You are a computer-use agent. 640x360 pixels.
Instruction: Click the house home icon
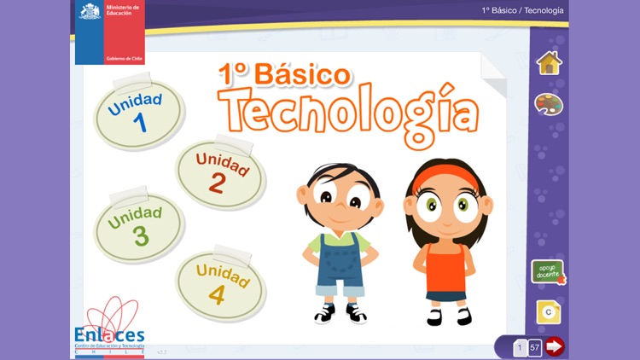[549, 62]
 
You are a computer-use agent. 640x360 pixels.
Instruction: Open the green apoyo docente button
[548, 272]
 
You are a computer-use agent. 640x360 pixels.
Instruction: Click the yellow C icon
[548, 312]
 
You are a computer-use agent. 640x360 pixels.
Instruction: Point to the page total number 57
[535, 347]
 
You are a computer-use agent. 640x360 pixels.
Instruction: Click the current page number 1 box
[519, 347]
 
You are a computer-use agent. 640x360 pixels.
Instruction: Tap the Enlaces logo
[114, 328]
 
